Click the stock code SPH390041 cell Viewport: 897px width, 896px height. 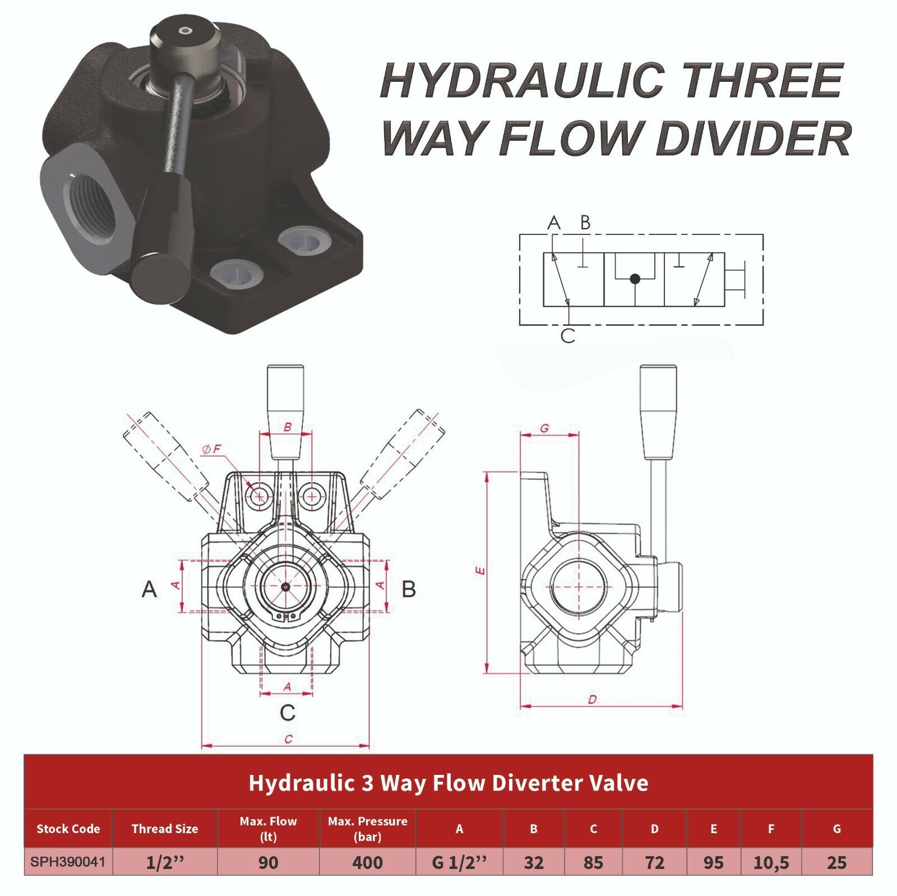[68, 861]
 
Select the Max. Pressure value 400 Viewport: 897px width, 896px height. [367, 862]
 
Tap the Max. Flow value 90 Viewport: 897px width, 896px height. [268, 862]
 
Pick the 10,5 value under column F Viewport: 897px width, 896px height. [771, 862]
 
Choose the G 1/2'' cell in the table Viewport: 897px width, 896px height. [459, 862]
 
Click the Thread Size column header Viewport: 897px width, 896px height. [165, 829]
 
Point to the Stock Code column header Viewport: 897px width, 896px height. [68, 829]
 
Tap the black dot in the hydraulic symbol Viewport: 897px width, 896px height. [634, 278]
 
